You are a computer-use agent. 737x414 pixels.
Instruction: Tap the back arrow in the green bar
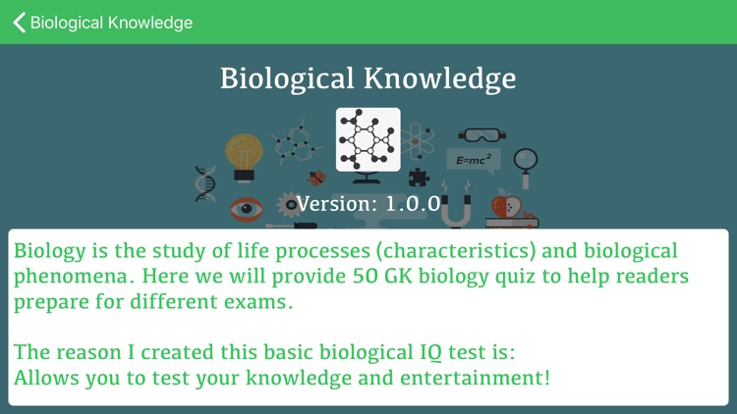(x=19, y=22)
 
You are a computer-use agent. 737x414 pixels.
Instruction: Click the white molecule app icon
(x=368, y=139)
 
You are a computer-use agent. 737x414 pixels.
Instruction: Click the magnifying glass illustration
(x=526, y=163)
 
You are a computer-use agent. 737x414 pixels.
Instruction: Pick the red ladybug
(x=317, y=178)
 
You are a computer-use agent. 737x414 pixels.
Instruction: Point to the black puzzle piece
(x=419, y=178)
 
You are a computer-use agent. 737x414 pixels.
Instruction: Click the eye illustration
(x=247, y=209)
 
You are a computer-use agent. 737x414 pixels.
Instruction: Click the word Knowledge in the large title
(x=440, y=78)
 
